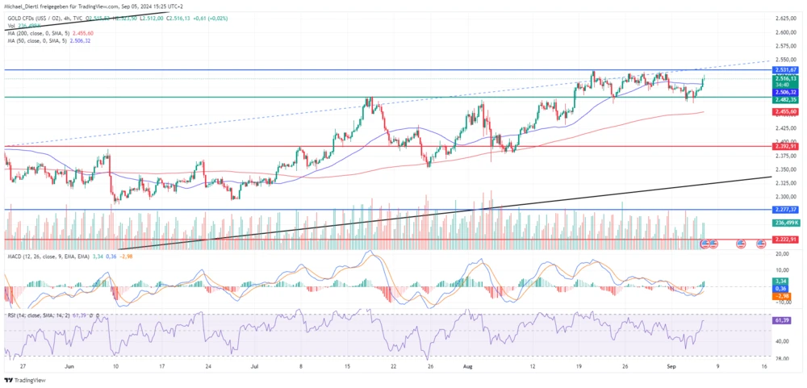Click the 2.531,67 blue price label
click(786, 70)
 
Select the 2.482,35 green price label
click(786, 98)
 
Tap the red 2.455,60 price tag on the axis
click(786, 112)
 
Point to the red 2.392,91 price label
click(786, 146)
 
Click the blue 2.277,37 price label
click(786, 210)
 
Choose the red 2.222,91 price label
click(786, 240)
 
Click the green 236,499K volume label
click(786, 222)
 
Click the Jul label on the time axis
click(256, 365)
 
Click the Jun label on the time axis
click(69, 365)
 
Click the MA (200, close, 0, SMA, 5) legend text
click(40, 33)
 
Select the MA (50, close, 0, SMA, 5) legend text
click(39, 41)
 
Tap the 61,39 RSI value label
click(782, 320)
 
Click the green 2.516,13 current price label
click(786, 78)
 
